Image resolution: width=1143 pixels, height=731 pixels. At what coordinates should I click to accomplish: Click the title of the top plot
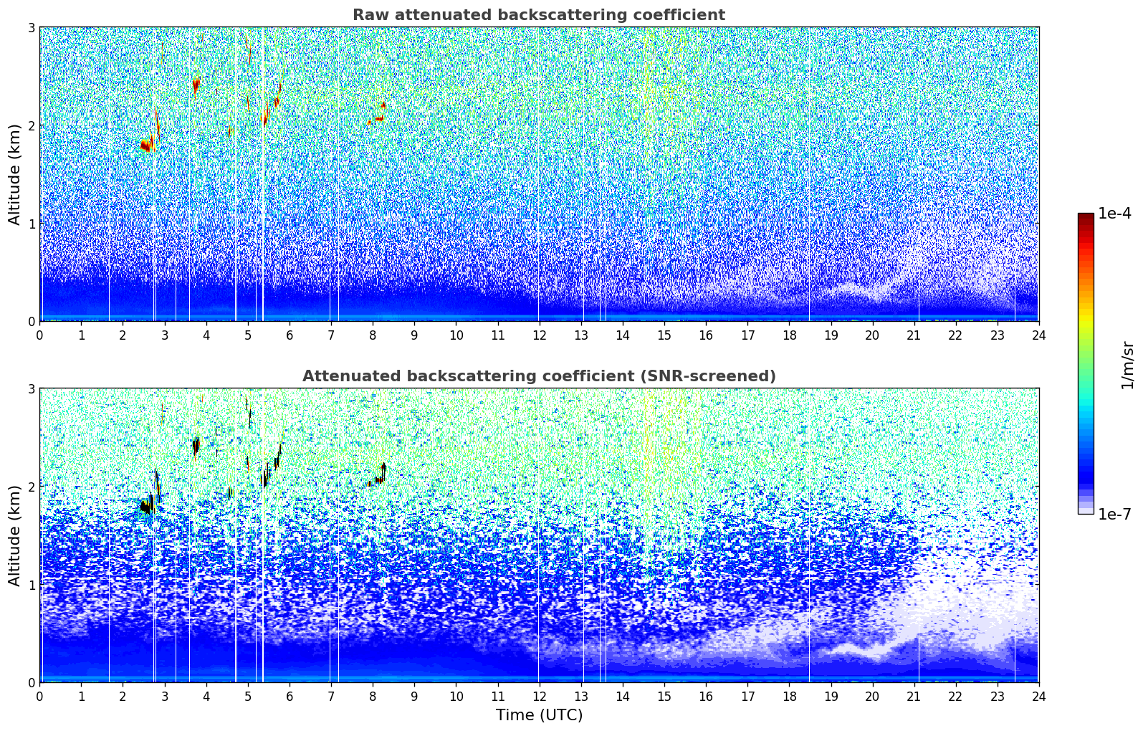[x=539, y=15]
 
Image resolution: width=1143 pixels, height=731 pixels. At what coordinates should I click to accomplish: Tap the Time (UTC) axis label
[x=539, y=715]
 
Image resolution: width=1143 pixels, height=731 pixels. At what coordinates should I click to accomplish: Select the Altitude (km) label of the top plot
[x=14, y=175]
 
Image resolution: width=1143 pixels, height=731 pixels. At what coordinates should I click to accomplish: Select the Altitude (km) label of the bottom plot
[x=14, y=535]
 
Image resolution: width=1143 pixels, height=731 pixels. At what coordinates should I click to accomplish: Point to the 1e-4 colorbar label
[x=1114, y=214]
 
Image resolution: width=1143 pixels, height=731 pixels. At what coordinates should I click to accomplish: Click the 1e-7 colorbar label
[x=1114, y=514]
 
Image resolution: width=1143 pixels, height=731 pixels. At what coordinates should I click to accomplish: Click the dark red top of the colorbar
[x=1086, y=216]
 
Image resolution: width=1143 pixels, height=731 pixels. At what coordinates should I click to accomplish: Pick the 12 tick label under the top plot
[x=540, y=335]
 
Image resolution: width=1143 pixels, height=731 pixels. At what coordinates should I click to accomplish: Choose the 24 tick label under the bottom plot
[x=1039, y=697]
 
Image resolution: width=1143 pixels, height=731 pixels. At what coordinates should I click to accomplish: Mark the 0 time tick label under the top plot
[x=40, y=335]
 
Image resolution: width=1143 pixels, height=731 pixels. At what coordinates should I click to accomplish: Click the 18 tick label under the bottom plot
[x=790, y=697]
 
